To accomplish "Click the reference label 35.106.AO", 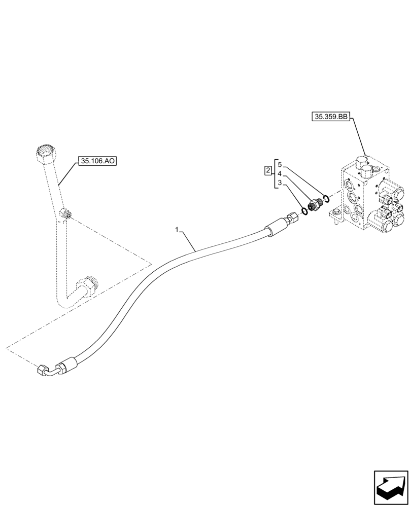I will pyautogui.click(x=97, y=162).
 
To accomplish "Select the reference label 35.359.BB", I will pyautogui.click(x=330, y=117).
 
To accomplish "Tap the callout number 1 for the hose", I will pyautogui.click(x=177, y=230).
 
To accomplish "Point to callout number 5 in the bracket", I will pyautogui.click(x=279, y=164).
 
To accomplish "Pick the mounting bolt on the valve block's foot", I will pyautogui.click(x=335, y=218).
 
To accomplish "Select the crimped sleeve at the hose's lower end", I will pyautogui.click(x=70, y=363).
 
